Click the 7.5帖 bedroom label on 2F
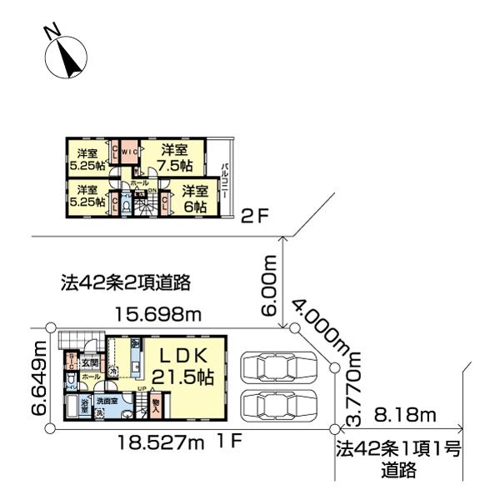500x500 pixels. pos(173,157)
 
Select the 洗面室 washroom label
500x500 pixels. pos(107,401)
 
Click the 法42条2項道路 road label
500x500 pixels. pos(126,282)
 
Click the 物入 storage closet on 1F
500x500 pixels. pos(157,406)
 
